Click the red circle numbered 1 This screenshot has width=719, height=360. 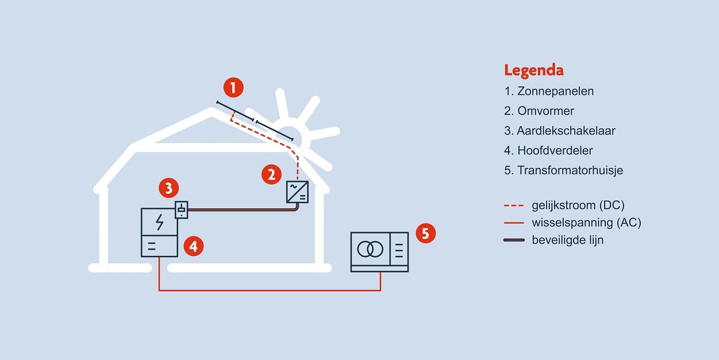(233, 88)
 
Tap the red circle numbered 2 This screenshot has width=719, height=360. (271, 174)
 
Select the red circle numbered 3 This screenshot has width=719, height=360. (168, 187)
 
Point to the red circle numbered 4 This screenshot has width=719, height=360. (193, 247)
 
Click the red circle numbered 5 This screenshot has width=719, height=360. (425, 233)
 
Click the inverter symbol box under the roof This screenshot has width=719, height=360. (297, 192)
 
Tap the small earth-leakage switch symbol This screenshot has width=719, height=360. (181, 210)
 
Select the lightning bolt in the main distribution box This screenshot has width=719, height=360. (159, 221)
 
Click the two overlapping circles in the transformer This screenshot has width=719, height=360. (370, 249)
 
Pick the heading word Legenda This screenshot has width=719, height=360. (533, 71)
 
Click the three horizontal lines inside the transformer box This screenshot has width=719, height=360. (399, 249)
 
